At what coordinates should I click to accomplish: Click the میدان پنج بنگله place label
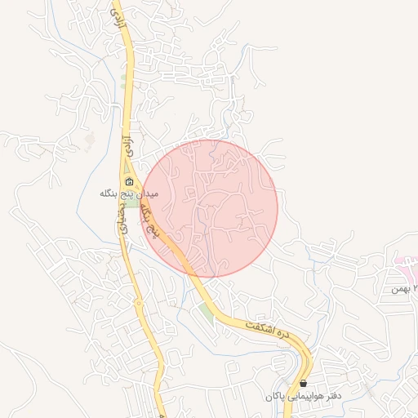pyautogui.click(x=128, y=195)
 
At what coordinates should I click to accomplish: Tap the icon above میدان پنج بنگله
pyautogui.click(x=128, y=182)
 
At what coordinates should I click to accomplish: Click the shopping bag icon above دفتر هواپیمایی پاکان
pyautogui.click(x=304, y=383)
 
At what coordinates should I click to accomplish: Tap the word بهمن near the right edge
pyautogui.click(x=399, y=289)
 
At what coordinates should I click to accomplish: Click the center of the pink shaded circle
pyautogui.click(x=210, y=208)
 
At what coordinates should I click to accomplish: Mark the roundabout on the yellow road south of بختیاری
pyautogui.click(x=139, y=304)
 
